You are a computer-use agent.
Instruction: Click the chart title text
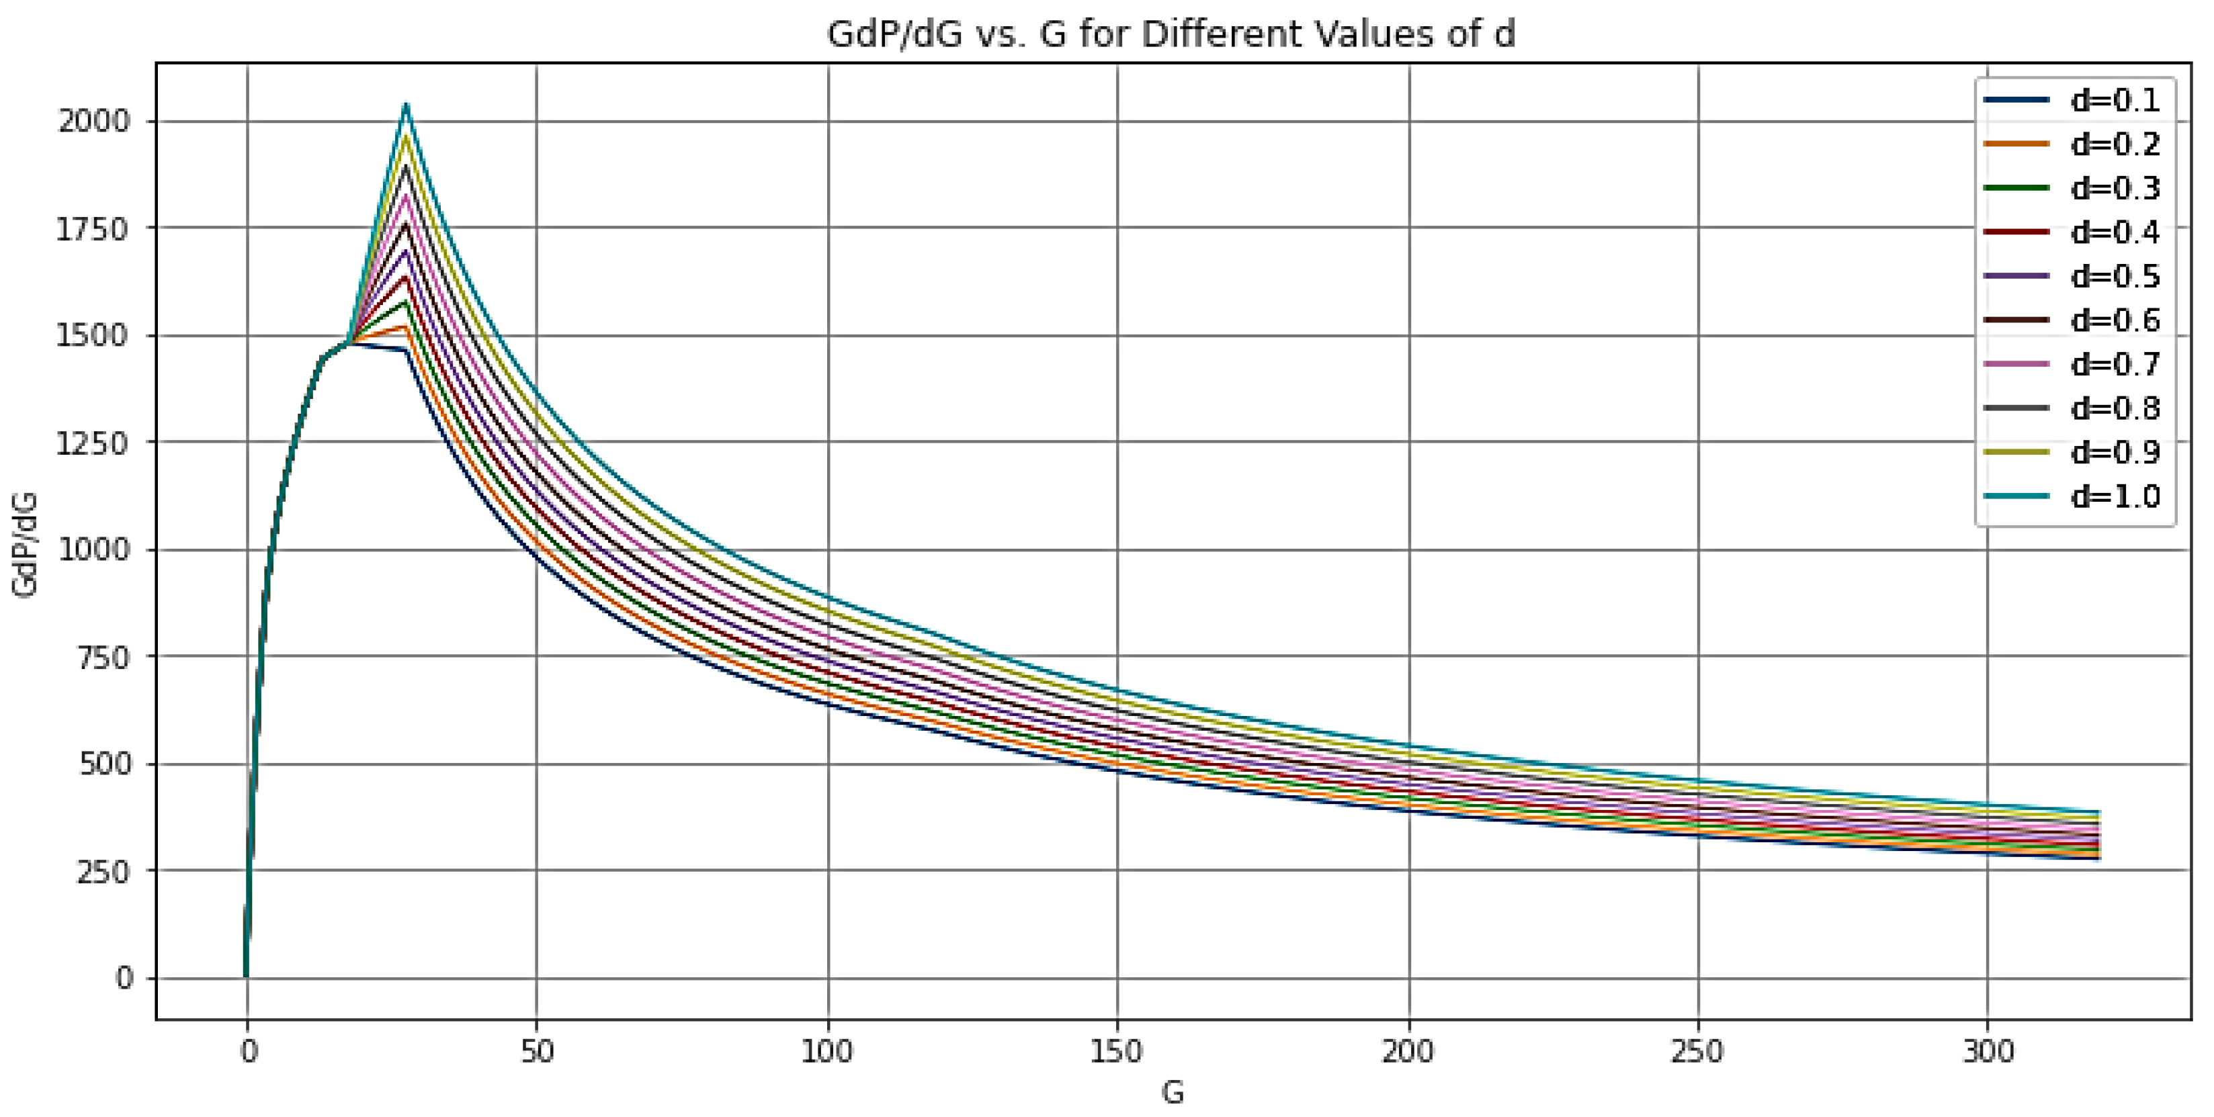point(1170,34)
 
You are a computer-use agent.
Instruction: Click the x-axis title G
point(1173,1093)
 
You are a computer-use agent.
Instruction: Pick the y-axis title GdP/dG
point(26,545)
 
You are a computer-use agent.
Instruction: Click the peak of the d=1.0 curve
point(407,105)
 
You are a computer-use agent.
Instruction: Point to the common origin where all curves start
point(247,976)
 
